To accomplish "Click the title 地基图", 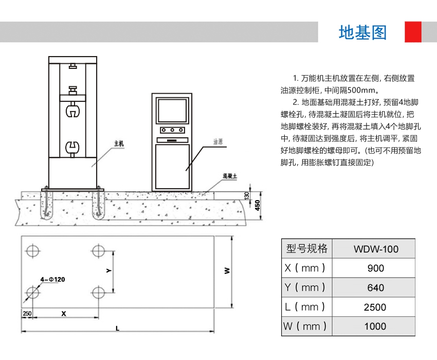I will (x=362, y=32).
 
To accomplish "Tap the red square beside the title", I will (x=413, y=32).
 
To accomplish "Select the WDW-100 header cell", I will (x=376, y=249).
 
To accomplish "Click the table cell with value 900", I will (x=376, y=268).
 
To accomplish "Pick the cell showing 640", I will (x=376, y=287).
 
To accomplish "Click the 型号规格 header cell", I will (x=307, y=249).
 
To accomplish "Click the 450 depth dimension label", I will (x=258, y=205).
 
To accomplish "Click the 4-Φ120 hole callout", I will (x=53, y=279).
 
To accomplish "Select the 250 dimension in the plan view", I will (x=27, y=313).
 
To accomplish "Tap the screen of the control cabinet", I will (x=172, y=110).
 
